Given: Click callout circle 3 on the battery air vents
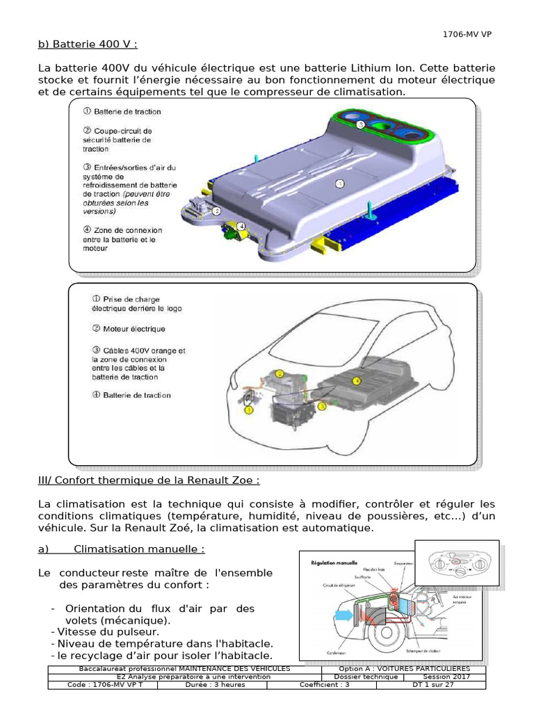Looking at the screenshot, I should click(360, 124).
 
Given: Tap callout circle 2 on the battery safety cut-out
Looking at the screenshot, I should click(217, 211).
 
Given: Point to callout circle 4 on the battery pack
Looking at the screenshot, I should click(241, 227).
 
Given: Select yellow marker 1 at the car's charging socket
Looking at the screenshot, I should click(249, 410).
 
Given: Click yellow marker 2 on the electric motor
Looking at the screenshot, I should click(280, 374).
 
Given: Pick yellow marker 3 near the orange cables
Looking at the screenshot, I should click(322, 405).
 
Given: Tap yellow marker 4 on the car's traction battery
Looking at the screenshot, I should click(357, 381).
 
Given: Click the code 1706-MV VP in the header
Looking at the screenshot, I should click(467, 34).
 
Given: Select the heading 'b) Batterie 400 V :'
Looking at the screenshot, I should click(88, 45).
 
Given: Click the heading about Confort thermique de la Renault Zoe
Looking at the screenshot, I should click(149, 480).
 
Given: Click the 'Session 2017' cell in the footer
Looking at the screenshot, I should click(446, 677).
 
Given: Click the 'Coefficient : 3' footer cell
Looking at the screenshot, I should click(325, 685).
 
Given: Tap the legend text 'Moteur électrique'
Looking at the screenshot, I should click(133, 329).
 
